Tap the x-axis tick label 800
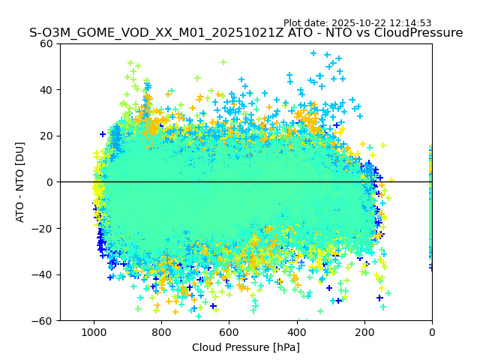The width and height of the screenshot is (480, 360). [x=161, y=331]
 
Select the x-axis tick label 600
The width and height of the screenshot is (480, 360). [x=229, y=331]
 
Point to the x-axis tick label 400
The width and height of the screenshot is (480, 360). [x=296, y=331]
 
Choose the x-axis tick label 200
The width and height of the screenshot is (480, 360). [x=364, y=331]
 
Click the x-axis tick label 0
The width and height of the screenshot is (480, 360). [x=432, y=331]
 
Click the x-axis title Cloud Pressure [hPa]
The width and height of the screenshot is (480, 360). [x=246, y=347]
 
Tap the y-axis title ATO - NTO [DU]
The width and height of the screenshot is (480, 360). [x=20, y=182]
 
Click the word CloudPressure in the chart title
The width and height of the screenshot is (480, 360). [x=418, y=33]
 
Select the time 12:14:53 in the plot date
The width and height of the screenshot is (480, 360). [x=409, y=23]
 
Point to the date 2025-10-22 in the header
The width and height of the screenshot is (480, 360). [x=357, y=23]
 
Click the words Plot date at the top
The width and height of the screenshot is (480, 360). [x=304, y=23]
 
